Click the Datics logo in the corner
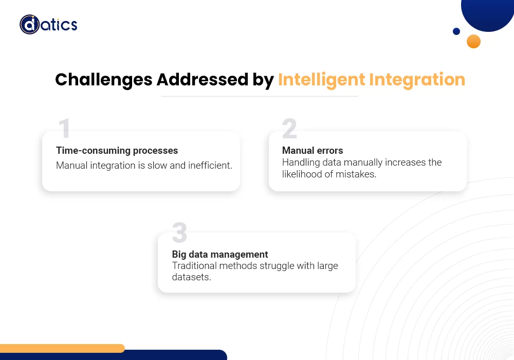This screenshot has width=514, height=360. tap(48, 25)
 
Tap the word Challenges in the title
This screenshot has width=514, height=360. tap(104, 80)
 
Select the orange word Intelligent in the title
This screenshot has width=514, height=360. tap(321, 80)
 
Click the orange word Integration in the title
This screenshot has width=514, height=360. tap(417, 80)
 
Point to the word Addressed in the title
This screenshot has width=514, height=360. tap(202, 79)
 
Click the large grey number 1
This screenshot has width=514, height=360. tap(64, 128)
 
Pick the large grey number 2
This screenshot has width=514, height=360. tap(289, 128)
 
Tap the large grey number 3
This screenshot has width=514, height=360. tap(179, 232)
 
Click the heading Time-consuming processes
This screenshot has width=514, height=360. tap(117, 151)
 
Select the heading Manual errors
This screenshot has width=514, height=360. tap(313, 151)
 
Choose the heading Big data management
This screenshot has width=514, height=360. tap(220, 255)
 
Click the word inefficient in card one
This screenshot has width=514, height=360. tap(210, 165)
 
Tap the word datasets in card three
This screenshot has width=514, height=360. tap(191, 277)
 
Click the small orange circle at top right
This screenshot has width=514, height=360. tap(473, 41)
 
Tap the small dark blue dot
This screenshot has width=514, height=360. tap(456, 31)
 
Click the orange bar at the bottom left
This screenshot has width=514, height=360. tap(62, 348)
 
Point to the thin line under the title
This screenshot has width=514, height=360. tap(259, 96)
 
